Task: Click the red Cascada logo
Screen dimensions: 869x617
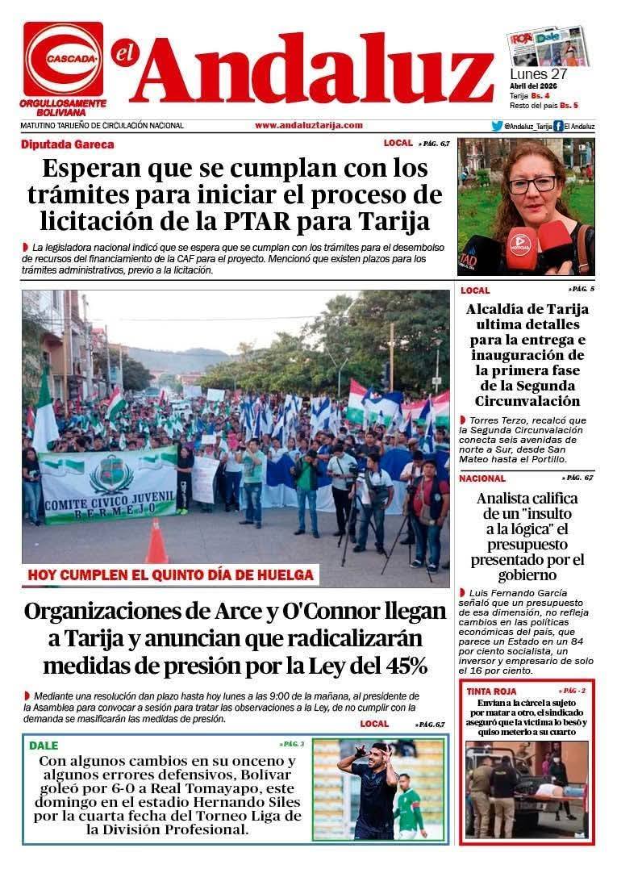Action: pos(63,59)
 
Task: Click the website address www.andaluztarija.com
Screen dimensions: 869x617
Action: pos(308,125)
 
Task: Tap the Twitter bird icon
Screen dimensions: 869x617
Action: pos(497,126)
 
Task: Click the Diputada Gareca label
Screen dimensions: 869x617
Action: pos(68,144)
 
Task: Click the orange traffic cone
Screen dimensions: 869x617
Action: pos(156,542)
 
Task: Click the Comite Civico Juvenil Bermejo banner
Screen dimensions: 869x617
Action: pos(108,484)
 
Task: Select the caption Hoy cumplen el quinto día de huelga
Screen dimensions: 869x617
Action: pos(170,575)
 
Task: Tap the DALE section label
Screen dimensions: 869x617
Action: pos(44,746)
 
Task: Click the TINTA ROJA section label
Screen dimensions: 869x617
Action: pos(490,691)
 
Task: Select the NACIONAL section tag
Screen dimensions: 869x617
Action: pos(482,478)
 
